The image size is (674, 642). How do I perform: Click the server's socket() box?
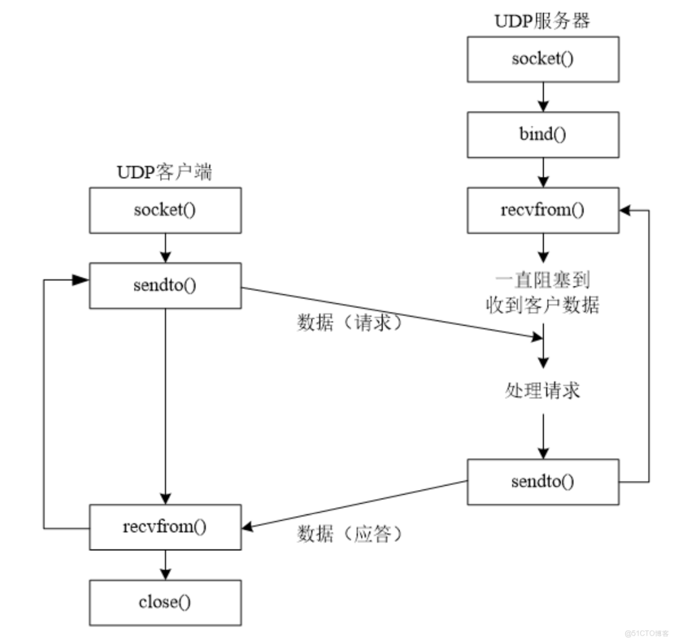click(543, 59)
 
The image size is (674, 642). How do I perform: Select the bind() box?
click(543, 135)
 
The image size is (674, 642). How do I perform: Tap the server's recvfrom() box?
click(543, 210)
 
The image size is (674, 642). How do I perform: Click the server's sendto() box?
click(543, 481)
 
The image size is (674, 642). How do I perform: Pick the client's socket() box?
click(165, 210)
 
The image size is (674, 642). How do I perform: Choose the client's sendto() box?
click(165, 285)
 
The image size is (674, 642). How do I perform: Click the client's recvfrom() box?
click(165, 526)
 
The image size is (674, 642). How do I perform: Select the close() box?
click(165, 602)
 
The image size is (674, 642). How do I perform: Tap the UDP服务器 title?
click(542, 22)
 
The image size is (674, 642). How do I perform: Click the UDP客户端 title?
click(165, 172)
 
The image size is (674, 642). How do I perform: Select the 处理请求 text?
click(542, 390)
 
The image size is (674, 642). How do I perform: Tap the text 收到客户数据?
click(542, 305)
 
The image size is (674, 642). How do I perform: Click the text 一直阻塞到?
click(542, 280)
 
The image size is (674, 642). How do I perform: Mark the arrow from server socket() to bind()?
click(543, 97)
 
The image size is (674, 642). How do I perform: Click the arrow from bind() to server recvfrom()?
click(543, 172)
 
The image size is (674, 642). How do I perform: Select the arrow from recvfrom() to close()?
click(165, 565)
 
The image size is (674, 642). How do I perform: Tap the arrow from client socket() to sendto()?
click(165, 248)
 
